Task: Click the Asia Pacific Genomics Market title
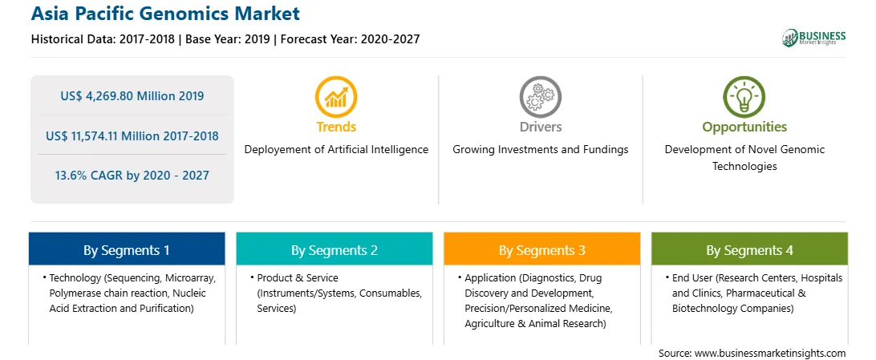(165, 14)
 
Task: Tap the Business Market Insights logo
(814, 38)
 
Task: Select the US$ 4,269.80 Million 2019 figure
(132, 96)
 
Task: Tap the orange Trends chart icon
(336, 97)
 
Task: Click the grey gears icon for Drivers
(540, 97)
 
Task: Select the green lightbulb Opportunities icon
(744, 97)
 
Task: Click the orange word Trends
(336, 127)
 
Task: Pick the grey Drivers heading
(540, 127)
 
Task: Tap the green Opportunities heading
(744, 127)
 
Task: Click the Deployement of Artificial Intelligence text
(336, 150)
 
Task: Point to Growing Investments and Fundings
(540, 150)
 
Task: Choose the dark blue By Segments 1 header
(127, 249)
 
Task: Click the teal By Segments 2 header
(334, 249)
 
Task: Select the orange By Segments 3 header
(542, 249)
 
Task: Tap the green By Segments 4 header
(750, 249)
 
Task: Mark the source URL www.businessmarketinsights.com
(770, 354)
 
